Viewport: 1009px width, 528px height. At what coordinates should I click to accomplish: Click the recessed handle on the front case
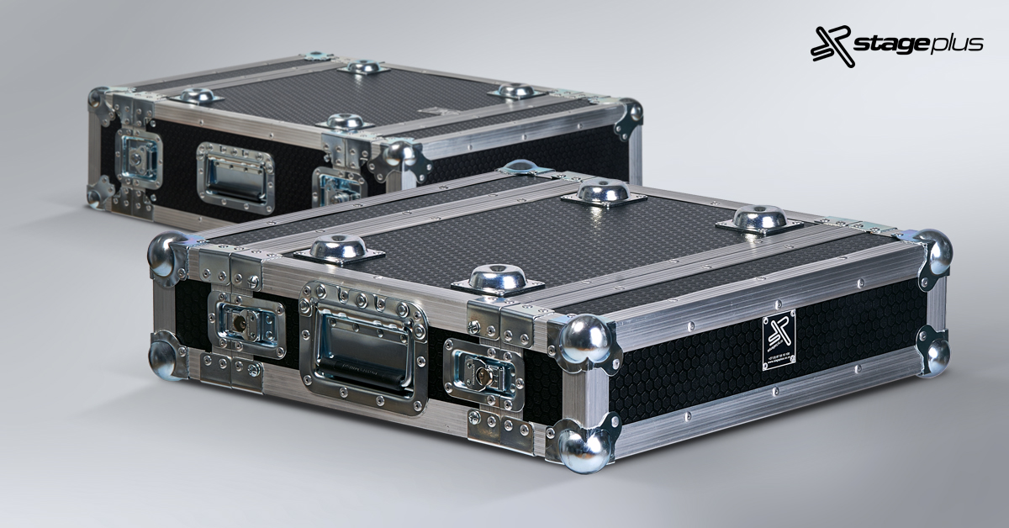point(363,346)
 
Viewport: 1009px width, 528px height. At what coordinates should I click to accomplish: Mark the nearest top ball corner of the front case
point(584,339)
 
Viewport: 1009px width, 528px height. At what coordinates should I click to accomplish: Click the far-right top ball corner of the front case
point(935,251)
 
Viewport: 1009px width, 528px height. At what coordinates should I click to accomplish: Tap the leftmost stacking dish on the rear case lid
point(195,96)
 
